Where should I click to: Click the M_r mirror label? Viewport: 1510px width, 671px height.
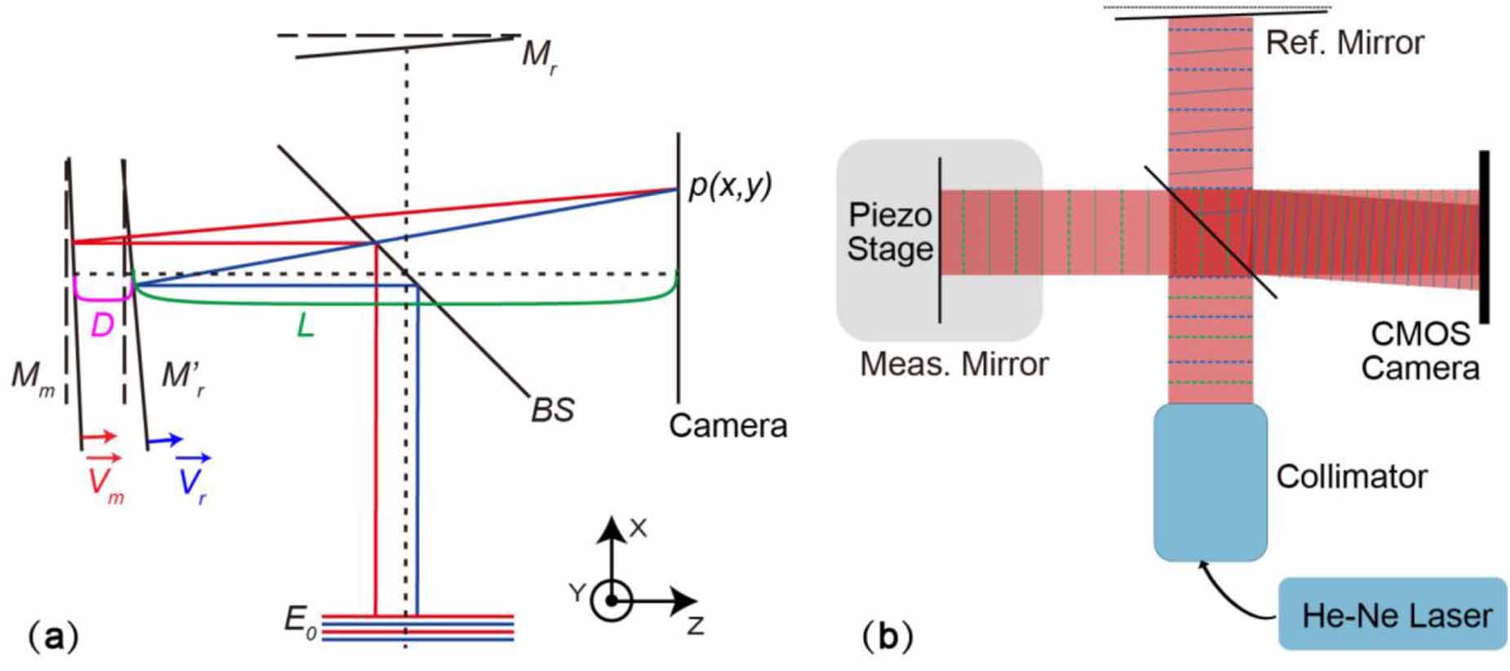coord(538,57)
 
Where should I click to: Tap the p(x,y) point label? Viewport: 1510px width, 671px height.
coord(730,186)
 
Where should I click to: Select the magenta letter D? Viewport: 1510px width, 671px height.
coord(102,326)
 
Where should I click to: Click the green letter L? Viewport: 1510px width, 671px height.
coord(305,327)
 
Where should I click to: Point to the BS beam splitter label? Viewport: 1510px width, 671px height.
coord(552,409)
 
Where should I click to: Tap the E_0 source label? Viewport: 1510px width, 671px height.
coord(299,622)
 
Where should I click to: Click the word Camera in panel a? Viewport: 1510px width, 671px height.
coord(728,425)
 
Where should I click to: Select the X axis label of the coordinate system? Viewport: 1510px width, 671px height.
coord(638,528)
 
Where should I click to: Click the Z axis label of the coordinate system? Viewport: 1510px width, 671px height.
coord(695,625)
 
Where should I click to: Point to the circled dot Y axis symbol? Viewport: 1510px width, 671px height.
coord(611,602)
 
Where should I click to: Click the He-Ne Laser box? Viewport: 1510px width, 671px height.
coord(1392,614)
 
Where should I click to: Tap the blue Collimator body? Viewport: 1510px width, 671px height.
coord(1210,482)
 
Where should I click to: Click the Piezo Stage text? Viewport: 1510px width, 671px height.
coord(889,232)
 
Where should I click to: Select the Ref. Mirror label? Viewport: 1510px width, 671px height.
coord(1344,42)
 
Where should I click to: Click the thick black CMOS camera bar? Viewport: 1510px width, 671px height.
coord(1484,237)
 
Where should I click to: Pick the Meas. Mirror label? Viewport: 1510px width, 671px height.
coord(954,364)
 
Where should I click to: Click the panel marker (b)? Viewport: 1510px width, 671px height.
coord(888,637)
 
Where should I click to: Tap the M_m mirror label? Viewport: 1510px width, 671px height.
coord(33,377)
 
